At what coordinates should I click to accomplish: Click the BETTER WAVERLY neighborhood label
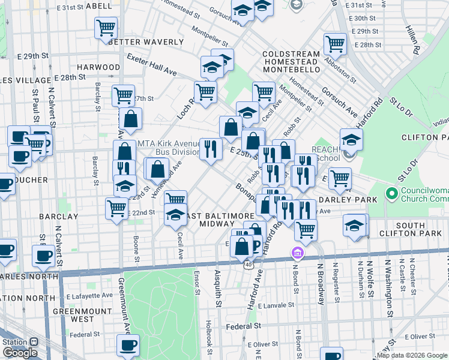pyautogui.click(x=146, y=42)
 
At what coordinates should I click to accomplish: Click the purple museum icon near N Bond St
pyautogui.click(x=297, y=254)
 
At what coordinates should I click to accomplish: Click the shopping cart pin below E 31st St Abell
pyautogui.click(x=106, y=27)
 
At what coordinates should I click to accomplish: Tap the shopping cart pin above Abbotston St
pyautogui.click(x=335, y=43)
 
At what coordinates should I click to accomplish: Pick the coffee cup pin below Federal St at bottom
pyautogui.click(x=128, y=345)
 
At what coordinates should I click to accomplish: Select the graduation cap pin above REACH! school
pyautogui.click(x=351, y=140)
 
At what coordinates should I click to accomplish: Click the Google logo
pyautogui.click(x=20, y=353)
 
